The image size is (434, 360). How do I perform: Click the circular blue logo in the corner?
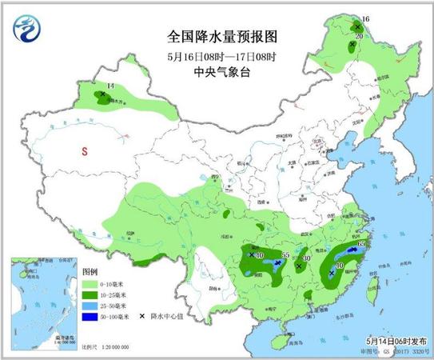26,30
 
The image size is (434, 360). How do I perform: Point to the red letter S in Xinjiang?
82,150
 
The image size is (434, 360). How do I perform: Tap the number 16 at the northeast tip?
367,18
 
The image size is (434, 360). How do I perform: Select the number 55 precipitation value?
285,254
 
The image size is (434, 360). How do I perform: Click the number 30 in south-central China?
307,258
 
